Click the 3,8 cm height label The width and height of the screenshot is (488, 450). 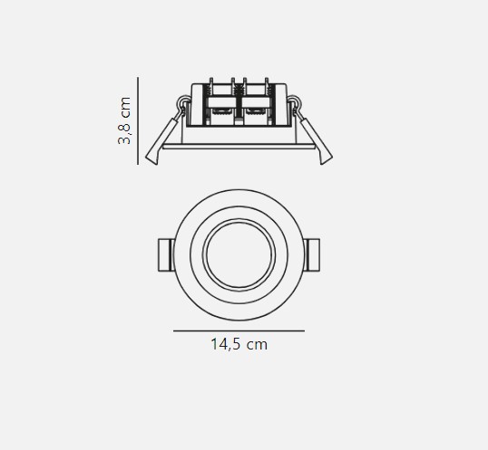(x=124, y=120)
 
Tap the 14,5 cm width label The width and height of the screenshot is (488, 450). (x=239, y=345)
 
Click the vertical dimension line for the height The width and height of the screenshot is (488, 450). (x=138, y=120)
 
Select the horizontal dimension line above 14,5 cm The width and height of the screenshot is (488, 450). (x=239, y=331)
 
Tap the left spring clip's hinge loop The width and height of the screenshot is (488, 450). (x=183, y=102)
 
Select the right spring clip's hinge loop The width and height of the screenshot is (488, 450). (x=295, y=102)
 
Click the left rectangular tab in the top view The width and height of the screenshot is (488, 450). (x=167, y=255)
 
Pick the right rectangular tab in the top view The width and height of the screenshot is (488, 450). (x=311, y=255)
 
